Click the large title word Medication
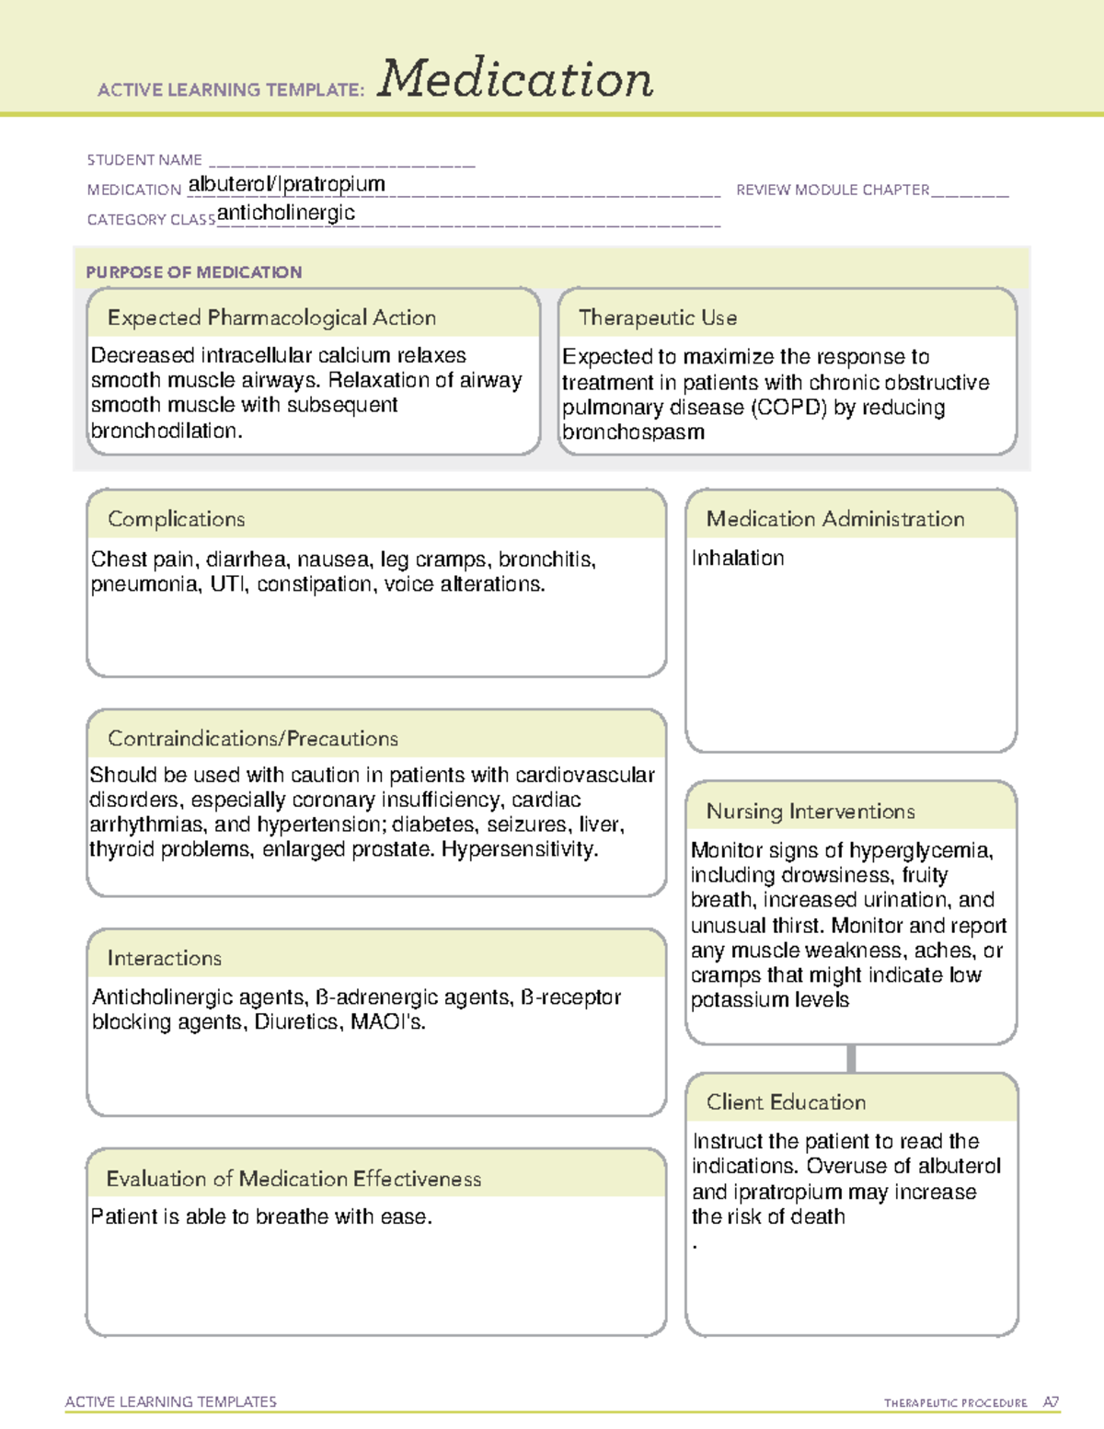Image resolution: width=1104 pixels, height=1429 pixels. tap(515, 79)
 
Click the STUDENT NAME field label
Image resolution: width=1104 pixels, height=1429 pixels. tap(144, 160)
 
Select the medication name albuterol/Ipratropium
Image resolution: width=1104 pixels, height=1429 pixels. tap(286, 184)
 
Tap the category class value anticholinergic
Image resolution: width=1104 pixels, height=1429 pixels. tap(286, 213)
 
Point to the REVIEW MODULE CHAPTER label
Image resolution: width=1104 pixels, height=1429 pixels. tap(833, 190)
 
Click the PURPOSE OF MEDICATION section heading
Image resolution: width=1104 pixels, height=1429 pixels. tap(193, 272)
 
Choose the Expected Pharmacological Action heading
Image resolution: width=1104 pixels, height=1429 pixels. tap(271, 317)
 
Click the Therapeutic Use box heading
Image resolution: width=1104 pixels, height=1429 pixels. tap(658, 317)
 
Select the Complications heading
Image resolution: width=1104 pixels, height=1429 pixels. tap(176, 519)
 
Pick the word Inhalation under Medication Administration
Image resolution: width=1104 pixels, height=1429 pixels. tap(738, 559)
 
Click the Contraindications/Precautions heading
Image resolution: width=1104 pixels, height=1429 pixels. tap(253, 739)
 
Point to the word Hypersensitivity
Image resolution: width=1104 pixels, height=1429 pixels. tap(519, 849)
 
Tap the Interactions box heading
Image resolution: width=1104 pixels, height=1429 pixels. tap(164, 959)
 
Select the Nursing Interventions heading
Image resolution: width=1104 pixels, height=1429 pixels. tap(811, 812)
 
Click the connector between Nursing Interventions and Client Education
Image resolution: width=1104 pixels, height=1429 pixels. tap(851, 1058)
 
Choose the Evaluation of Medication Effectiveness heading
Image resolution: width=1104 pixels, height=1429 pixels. tap(293, 1179)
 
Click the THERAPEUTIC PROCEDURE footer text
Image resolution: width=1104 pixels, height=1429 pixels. tap(955, 1403)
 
